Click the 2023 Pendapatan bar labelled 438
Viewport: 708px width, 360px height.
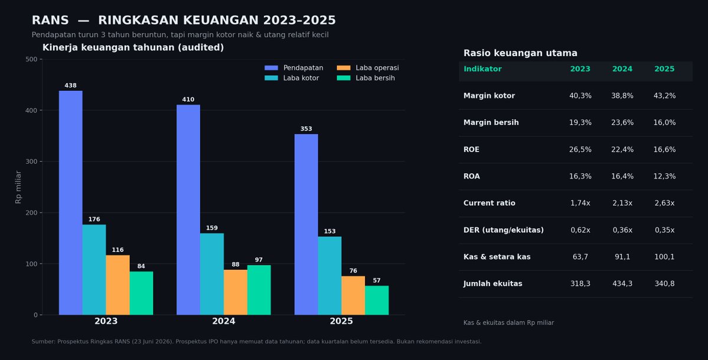click(x=70, y=202)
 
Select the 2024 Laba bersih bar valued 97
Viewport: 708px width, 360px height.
click(x=259, y=290)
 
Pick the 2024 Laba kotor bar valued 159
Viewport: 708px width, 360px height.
click(x=212, y=274)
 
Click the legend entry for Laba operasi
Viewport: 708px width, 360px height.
click(x=368, y=68)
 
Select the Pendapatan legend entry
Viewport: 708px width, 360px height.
click(x=294, y=68)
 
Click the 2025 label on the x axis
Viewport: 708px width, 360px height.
click(x=341, y=321)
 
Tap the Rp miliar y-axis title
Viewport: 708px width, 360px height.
click(x=18, y=186)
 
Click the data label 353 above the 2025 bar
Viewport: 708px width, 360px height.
click(x=306, y=129)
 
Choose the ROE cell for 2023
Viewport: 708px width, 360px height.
click(x=580, y=149)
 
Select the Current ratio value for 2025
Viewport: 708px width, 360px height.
click(x=665, y=203)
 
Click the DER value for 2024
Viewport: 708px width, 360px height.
click(x=622, y=230)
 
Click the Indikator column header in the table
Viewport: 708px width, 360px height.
click(x=482, y=69)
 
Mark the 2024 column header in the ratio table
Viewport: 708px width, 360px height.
click(x=622, y=69)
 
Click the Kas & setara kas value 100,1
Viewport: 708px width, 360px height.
click(x=665, y=257)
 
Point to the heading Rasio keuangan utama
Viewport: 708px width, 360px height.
click(x=520, y=53)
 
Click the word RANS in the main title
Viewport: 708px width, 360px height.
click(x=50, y=20)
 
